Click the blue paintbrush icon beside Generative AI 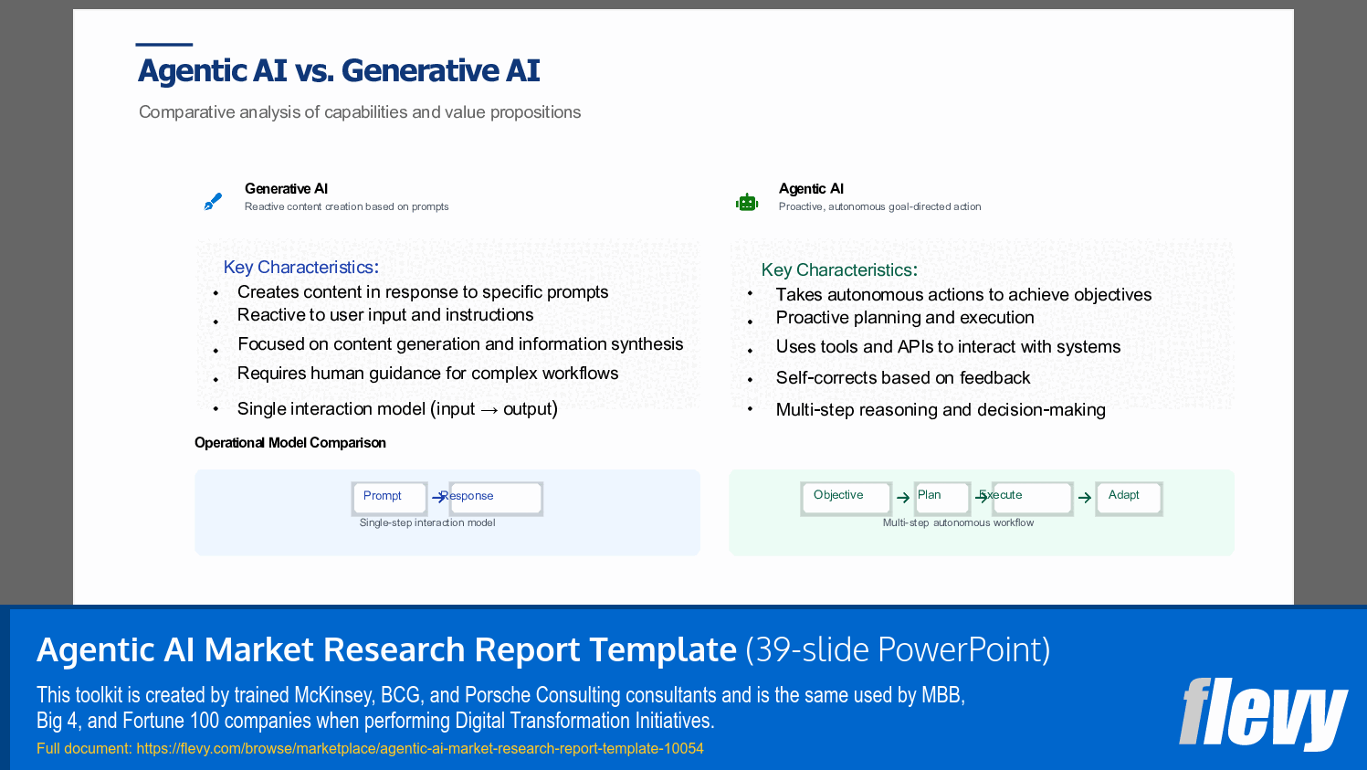click(x=213, y=202)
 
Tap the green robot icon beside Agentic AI click(x=747, y=202)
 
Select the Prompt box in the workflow click(x=389, y=499)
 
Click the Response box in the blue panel click(x=496, y=499)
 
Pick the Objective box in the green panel click(x=846, y=499)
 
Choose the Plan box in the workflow click(x=942, y=499)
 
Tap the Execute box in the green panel click(x=1032, y=499)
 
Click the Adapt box click(x=1129, y=499)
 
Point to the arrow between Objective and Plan click(x=903, y=499)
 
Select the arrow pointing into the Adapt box click(x=1085, y=499)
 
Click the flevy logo click(x=1263, y=713)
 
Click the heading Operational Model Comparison click(x=289, y=443)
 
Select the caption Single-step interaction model click(x=427, y=522)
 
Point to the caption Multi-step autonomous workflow click(x=958, y=522)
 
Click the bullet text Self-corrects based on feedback click(x=902, y=378)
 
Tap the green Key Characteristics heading click(x=839, y=269)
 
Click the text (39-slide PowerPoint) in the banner click(x=898, y=649)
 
